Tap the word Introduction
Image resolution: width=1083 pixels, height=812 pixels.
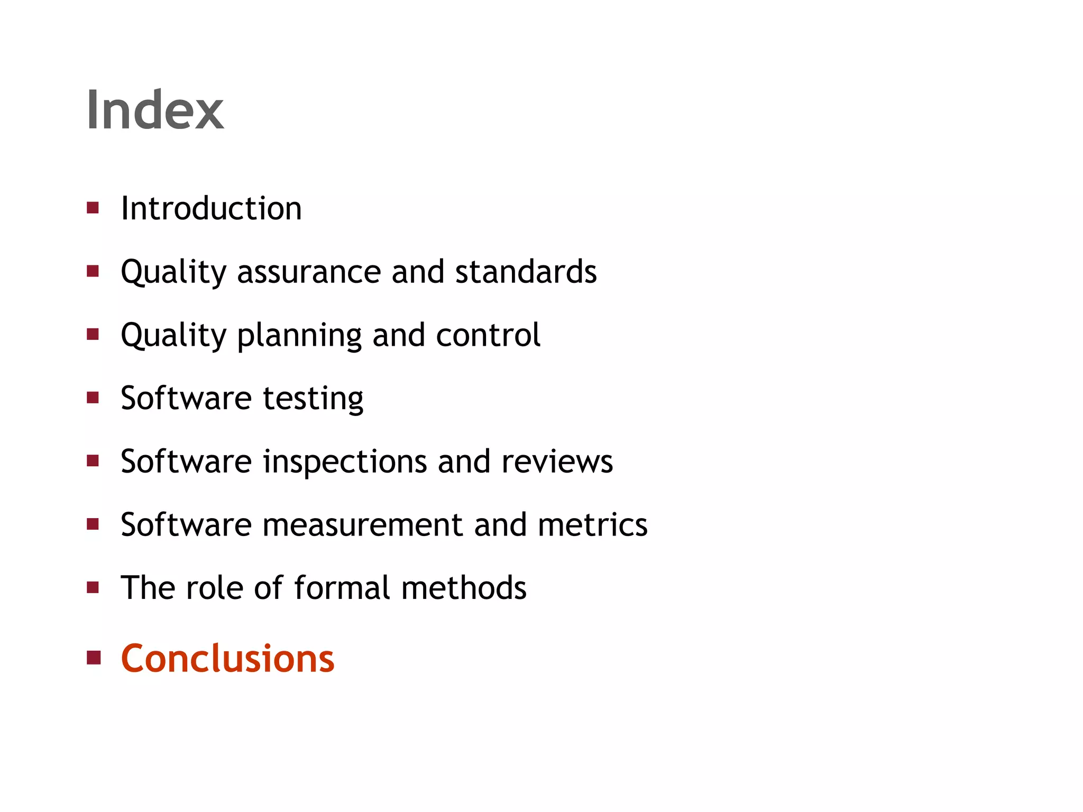[x=211, y=208]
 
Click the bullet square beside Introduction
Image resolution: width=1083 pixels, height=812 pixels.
[x=93, y=208]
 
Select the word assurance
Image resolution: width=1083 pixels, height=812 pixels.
[x=309, y=272]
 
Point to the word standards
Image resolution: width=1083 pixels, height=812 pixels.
[x=526, y=272]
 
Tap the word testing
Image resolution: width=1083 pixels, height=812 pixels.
[x=313, y=399]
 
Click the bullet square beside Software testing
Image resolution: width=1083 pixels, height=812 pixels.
[x=93, y=398]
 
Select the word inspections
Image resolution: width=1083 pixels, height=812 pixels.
[x=345, y=462]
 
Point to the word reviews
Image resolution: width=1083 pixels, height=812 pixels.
[x=557, y=462]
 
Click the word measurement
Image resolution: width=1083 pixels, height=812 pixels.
[x=363, y=525]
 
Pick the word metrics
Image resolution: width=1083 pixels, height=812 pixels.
[x=592, y=525]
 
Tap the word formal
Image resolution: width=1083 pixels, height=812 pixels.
[x=342, y=588]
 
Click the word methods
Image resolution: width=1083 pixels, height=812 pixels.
[x=464, y=588]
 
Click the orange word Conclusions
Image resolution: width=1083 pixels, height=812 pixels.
[x=227, y=659]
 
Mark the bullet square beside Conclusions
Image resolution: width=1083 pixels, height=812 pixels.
[x=94, y=658]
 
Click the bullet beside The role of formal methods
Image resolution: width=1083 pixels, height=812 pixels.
[x=93, y=587]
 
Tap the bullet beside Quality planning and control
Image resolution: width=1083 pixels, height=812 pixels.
[x=93, y=334]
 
